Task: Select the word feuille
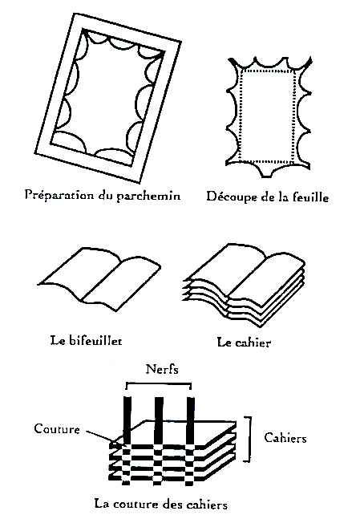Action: click(x=311, y=197)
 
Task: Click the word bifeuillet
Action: click(x=95, y=340)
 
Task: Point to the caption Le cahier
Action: click(x=244, y=342)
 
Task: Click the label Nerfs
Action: click(x=162, y=369)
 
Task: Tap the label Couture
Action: click(x=57, y=428)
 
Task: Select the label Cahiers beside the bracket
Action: click(x=285, y=438)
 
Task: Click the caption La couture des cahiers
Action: click(x=161, y=505)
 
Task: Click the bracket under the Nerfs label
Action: click(x=159, y=383)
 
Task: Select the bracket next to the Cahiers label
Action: click(x=249, y=439)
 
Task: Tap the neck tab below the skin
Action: click(x=268, y=171)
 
